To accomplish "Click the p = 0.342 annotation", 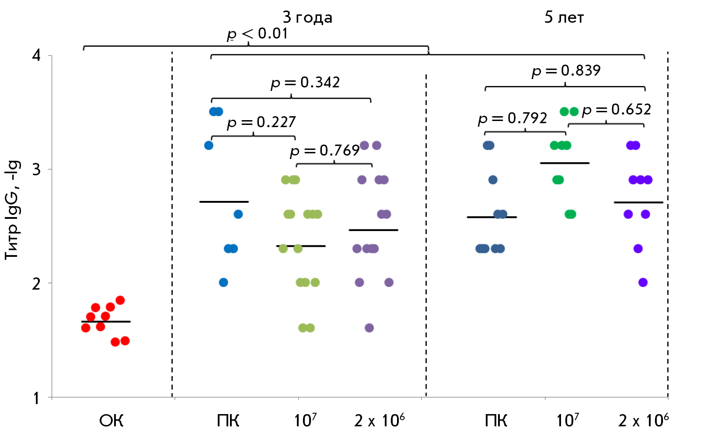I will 305,83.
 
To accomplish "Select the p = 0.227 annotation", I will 261,122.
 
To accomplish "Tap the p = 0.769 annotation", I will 324,151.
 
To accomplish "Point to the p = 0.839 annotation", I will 566,71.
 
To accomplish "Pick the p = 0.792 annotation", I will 512,118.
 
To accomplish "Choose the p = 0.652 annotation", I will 616,110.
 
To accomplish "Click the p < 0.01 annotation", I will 257,34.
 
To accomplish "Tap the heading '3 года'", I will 307,17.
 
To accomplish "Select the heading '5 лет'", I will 564,17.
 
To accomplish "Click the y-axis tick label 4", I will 37,55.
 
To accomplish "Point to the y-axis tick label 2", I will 37,283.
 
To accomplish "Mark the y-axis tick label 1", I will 37,397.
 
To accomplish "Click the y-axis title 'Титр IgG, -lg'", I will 12,210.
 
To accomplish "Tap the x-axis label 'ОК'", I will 111,421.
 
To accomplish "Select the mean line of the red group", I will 106,321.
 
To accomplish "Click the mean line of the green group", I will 565,163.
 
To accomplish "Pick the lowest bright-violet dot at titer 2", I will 643,283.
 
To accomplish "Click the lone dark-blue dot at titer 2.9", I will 493,180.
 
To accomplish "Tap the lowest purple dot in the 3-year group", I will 369,328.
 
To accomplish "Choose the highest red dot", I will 120,300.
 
